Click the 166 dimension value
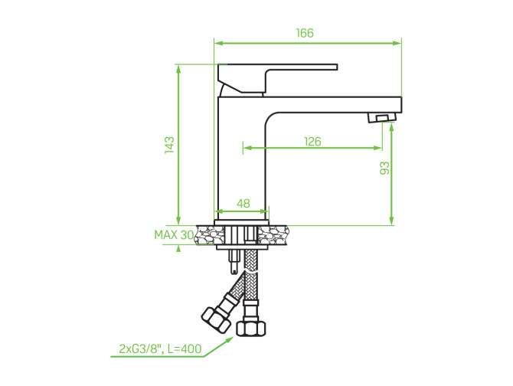tap(305, 33)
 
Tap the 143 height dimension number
tap(169, 145)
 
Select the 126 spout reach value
tap(312, 142)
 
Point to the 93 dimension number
tap(385, 168)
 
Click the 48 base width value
tap(243, 204)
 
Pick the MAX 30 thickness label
tap(174, 235)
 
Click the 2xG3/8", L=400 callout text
tap(160, 349)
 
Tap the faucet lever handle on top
tap(277, 78)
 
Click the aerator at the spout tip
tap(382, 117)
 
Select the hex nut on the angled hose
tap(214, 320)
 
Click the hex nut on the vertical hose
tap(251, 328)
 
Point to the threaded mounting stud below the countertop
tap(234, 263)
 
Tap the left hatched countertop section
tap(205, 235)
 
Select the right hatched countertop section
tap(273, 235)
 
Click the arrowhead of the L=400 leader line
tap(229, 340)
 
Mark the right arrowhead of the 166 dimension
tap(397, 43)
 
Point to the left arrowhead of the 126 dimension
tap(247, 148)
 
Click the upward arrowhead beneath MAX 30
tap(178, 249)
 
